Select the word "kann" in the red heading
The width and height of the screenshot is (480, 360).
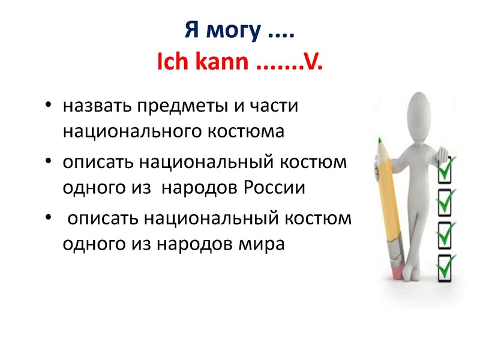click(x=221, y=62)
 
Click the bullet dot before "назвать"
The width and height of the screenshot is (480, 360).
click(x=48, y=107)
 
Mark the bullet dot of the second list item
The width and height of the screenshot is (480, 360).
click(x=48, y=163)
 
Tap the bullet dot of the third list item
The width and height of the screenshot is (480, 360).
click(x=48, y=220)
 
